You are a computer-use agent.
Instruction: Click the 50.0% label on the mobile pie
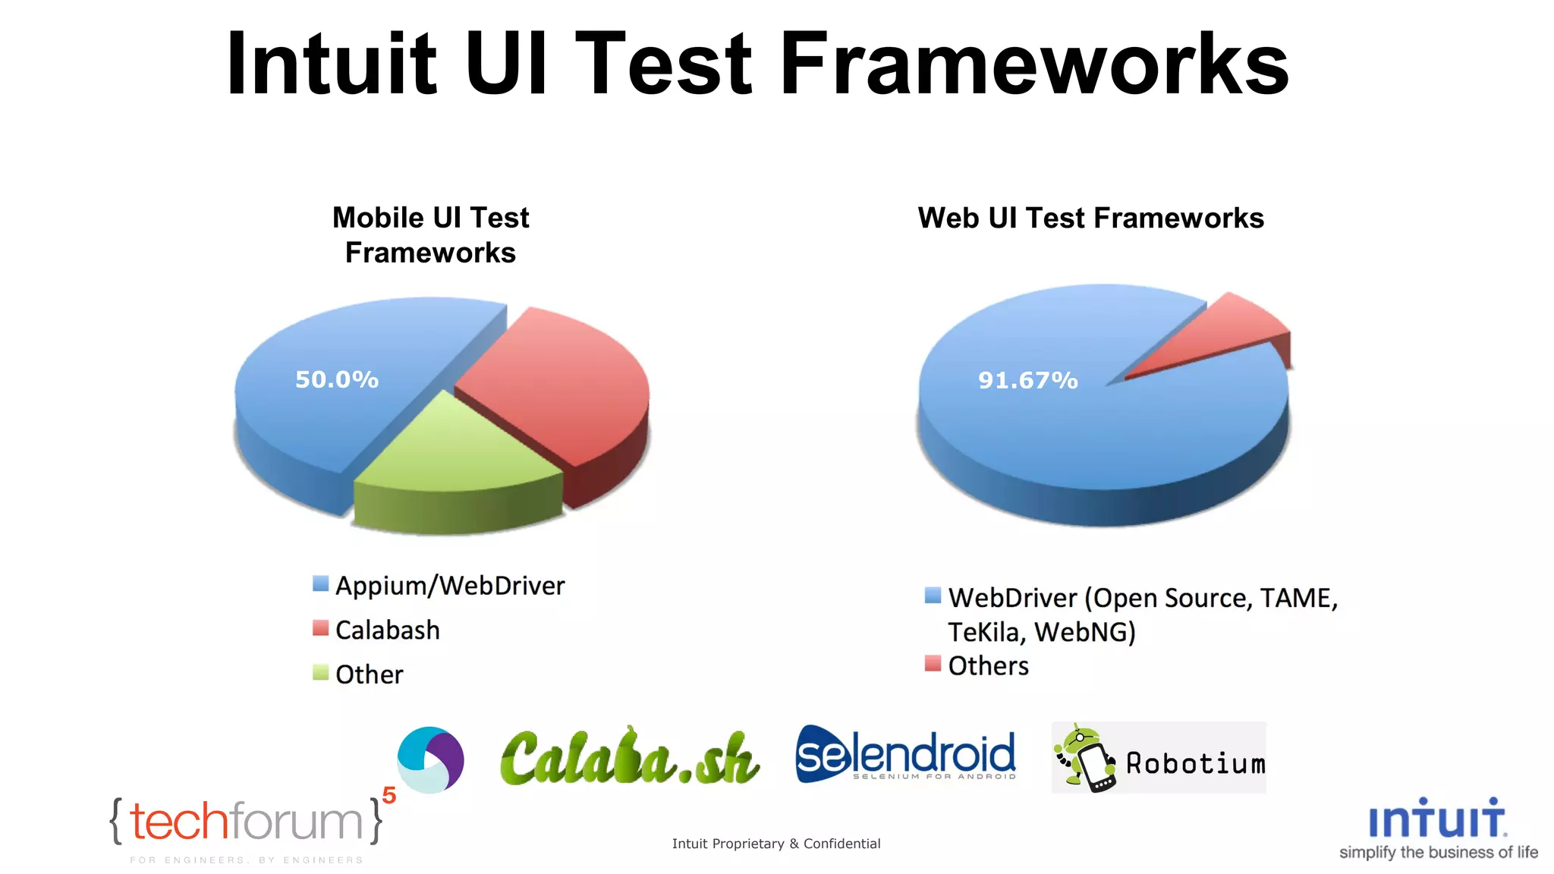tap(336, 379)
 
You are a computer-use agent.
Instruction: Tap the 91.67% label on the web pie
tap(1027, 380)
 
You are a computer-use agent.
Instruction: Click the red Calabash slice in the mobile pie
tap(562, 379)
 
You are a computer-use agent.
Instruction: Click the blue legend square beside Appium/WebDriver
tap(320, 583)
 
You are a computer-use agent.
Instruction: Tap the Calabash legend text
tap(387, 630)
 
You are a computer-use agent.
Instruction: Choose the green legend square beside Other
tap(320, 672)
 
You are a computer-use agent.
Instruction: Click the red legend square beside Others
tap(933, 664)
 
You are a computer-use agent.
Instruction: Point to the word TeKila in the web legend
tap(986, 632)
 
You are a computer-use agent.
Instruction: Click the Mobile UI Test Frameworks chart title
tap(430, 235)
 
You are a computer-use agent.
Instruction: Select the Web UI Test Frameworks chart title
tap(1090, 218)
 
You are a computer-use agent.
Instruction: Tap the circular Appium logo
tap(430, 759)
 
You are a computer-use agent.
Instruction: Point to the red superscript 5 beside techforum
tap(389, 795)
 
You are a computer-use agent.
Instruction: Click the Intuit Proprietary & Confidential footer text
tap(775, 844)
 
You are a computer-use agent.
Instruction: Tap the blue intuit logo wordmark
tap(1436, 819)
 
